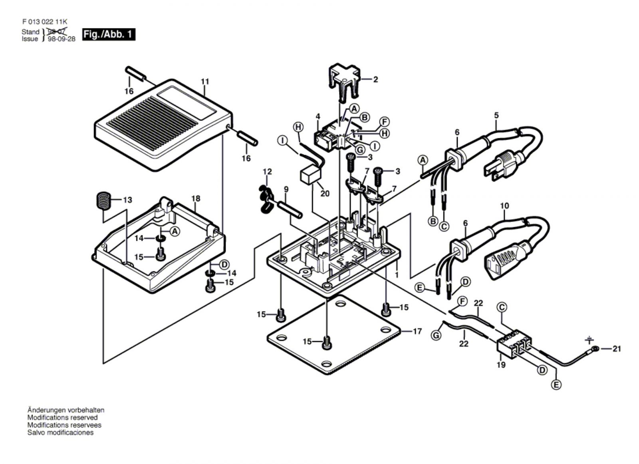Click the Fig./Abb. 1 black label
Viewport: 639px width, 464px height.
coord(108,34)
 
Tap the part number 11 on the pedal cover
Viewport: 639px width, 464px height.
coord(204,82)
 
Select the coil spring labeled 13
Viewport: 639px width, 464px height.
coord(104,201)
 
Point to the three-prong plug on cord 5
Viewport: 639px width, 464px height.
coord(504,162)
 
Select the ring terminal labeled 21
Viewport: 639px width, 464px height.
coord(595,349)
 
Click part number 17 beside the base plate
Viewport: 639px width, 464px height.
coord(417,331)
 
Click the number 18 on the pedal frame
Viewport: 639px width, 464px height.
coord(195,198)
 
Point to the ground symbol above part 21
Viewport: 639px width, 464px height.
coord(589,340)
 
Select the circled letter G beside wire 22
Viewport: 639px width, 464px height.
coord(437,335)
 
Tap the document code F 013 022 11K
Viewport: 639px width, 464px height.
coord(40,23)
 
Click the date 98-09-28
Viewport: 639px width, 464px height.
coord(61,40)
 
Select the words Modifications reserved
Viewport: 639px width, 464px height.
coord(62,418)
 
